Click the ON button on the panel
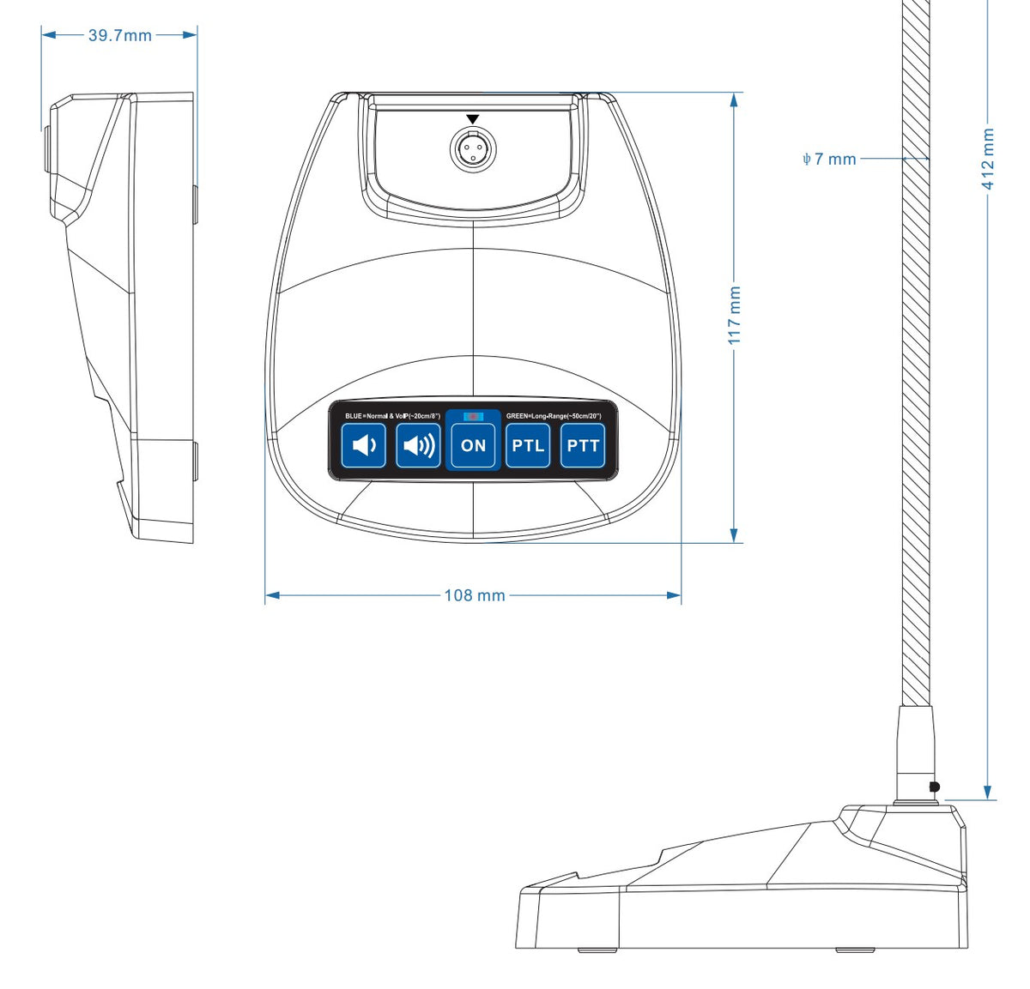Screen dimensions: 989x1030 pyautogui.click(x=473, y=446)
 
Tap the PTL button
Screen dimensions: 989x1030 pyautogui.click(x=528, y=446)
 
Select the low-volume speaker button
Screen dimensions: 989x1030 pyautogui.click(x=364, y=446)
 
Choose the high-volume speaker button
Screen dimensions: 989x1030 pyautogui.click(x=419, y=446)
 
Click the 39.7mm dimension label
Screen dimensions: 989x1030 pyautogui.click(x=119, y=35)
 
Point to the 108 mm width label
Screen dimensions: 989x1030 pyautogui.click(x=474, y=595)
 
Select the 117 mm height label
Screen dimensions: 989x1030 pyautogui.click(x=735, y=316)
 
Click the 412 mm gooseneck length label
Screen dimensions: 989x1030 pyautogui.click(x=989, y=160)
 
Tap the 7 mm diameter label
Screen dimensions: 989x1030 pyautogui.click(x=829, y=159)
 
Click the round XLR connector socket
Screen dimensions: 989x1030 pyautogui.click(x=473, y=149)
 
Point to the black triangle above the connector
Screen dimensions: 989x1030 pyautogui.click(x=473, y=119)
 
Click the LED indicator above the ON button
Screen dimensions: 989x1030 pyautogui.click(x=473, y=416)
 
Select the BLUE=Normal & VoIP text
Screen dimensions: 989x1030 pyautogui.click(x=392, y=416)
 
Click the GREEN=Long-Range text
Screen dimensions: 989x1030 pyautogui.click(x=554, y=416)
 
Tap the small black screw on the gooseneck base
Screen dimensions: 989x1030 pyautogui.click(x=935, y=787)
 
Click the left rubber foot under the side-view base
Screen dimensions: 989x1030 pyautogui.click(x=596, y=950)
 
